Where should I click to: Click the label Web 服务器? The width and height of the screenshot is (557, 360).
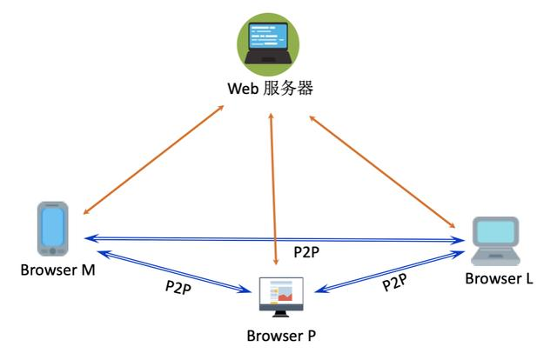pyautogui.click(x=270, y=89)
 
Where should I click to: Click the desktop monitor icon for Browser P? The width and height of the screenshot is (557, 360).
pyautogui.click(x=282, y=295)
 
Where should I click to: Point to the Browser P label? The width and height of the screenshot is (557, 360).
pyautogui.click(x=282, y=335)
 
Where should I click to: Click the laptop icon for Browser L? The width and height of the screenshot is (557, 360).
pyautogui.click(x=495, y=240)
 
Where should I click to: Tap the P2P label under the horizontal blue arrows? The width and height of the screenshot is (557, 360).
pyautogui.click(x=306, y=253)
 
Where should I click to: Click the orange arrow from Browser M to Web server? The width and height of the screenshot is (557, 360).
pyautogui.click(x=152, y=160)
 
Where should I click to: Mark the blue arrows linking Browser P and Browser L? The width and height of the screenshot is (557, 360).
pyautogui.click(x=387, y=270)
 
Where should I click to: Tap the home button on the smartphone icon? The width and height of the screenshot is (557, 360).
pyautogui.click(x=52, y=251)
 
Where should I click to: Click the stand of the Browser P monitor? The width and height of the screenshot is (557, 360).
pyautogui.click(x=282, y=313)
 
